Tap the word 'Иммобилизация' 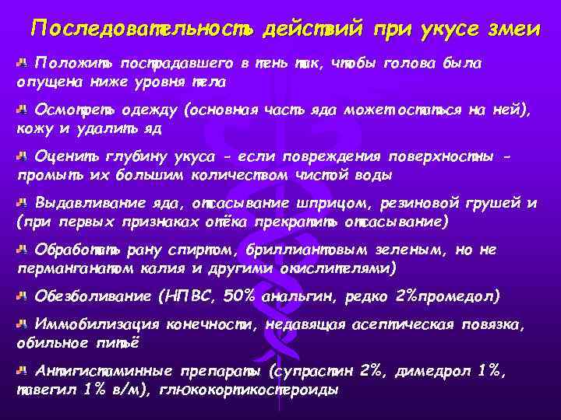(x=86, y=325)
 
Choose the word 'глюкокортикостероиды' (x=249, y=390)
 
